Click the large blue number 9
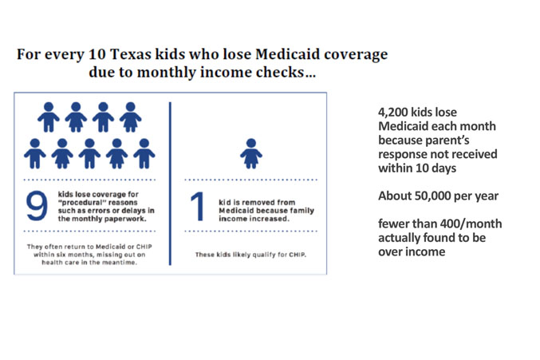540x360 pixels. click(37, 206)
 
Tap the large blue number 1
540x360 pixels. click(198, 206)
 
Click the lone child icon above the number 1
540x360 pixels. click(251, 153)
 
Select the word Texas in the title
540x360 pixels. click(131, 54)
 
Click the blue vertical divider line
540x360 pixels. click(170, 184)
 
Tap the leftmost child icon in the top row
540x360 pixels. click(49, 117)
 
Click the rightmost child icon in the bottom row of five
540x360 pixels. click(144, 153)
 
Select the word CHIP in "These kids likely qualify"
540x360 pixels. click(298, 255)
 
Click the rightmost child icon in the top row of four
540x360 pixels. click(131, 117)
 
